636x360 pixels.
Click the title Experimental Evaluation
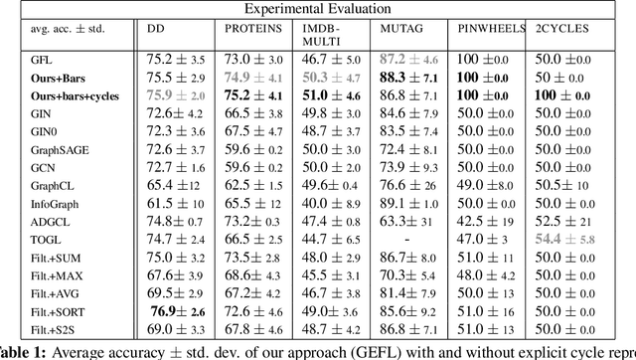(318, 8)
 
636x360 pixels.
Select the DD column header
(156, 31)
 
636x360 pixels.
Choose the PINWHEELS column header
(484, 31)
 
